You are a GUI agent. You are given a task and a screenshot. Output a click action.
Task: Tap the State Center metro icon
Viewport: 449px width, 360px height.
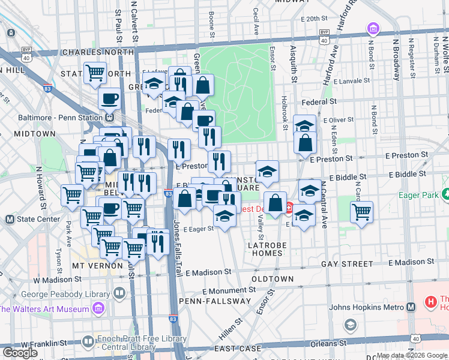coord(10,219)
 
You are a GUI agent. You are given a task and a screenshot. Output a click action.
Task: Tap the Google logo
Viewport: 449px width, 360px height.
coord(20,353)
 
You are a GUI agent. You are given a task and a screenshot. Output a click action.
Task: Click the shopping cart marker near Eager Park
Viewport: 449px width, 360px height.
coord(361,212)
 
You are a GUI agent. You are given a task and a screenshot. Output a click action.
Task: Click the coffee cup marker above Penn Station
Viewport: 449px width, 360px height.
coord(110,98)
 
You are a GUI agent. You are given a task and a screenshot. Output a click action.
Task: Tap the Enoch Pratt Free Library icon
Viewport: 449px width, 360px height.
coord(88,342)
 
